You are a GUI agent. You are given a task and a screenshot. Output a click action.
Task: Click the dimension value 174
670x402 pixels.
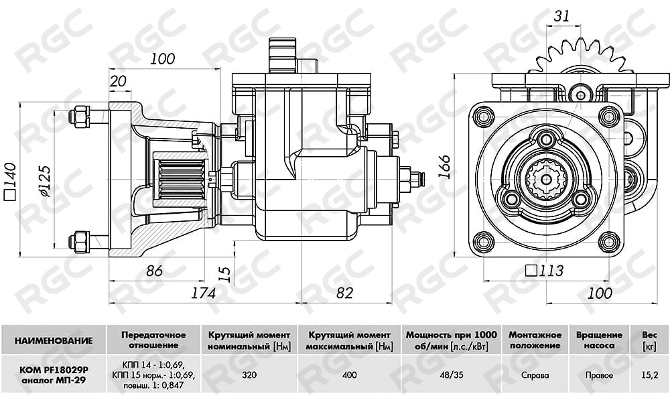(203, 293)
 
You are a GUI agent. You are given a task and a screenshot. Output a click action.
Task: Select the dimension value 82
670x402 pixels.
(345, 293)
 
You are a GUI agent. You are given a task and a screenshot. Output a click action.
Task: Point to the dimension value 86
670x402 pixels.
(154, 271)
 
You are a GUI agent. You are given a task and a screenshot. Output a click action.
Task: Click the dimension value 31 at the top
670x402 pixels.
(561, 16)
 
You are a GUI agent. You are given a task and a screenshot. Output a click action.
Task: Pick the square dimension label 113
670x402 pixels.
(544, 271)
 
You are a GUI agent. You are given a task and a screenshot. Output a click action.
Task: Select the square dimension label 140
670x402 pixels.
(9, 181)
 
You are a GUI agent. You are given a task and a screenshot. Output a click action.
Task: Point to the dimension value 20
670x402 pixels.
(118, 81)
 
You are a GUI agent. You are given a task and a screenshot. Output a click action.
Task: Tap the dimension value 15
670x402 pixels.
(226, 274)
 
